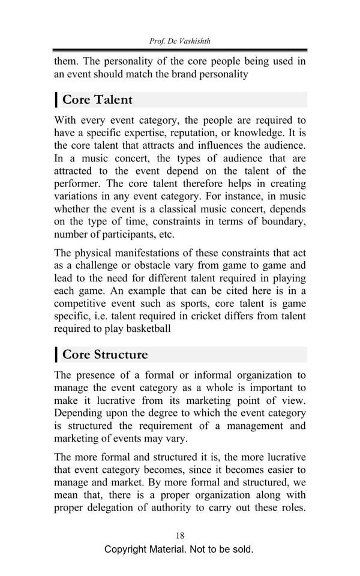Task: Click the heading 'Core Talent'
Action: (97, 100)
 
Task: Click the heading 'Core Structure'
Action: (105, 354)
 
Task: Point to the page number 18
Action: (180, 535)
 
